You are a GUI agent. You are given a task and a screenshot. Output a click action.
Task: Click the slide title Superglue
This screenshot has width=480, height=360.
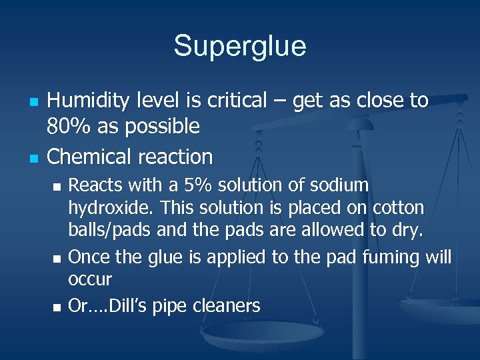point(240,46)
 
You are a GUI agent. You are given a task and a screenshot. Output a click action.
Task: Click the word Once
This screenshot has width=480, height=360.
point(87,257)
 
